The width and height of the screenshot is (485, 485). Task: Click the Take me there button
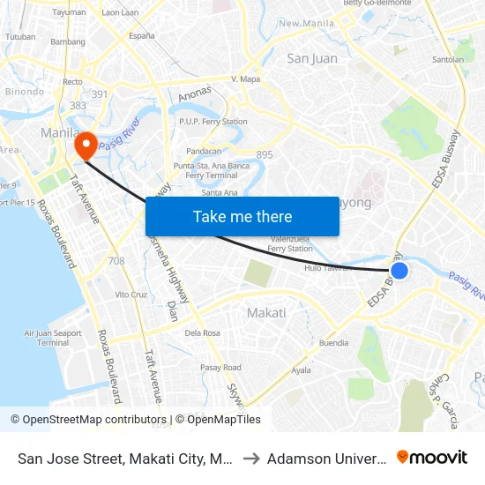242,217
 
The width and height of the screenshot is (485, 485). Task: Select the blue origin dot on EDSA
399,271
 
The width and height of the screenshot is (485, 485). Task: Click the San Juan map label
312,59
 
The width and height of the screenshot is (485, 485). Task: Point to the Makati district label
265,313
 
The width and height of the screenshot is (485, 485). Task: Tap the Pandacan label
204,151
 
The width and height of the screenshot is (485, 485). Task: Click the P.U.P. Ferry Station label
213,122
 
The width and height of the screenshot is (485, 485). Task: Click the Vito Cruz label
131,295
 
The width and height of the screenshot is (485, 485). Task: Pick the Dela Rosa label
203,333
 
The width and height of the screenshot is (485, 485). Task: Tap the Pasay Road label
220,368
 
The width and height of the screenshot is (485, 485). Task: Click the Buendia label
333,343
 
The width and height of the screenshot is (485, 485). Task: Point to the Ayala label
301,370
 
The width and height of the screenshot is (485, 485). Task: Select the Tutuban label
20,37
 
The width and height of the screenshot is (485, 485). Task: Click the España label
141,36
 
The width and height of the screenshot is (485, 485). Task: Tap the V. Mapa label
244,78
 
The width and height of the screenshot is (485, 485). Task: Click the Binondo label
23,91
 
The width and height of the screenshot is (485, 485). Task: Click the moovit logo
432,457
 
